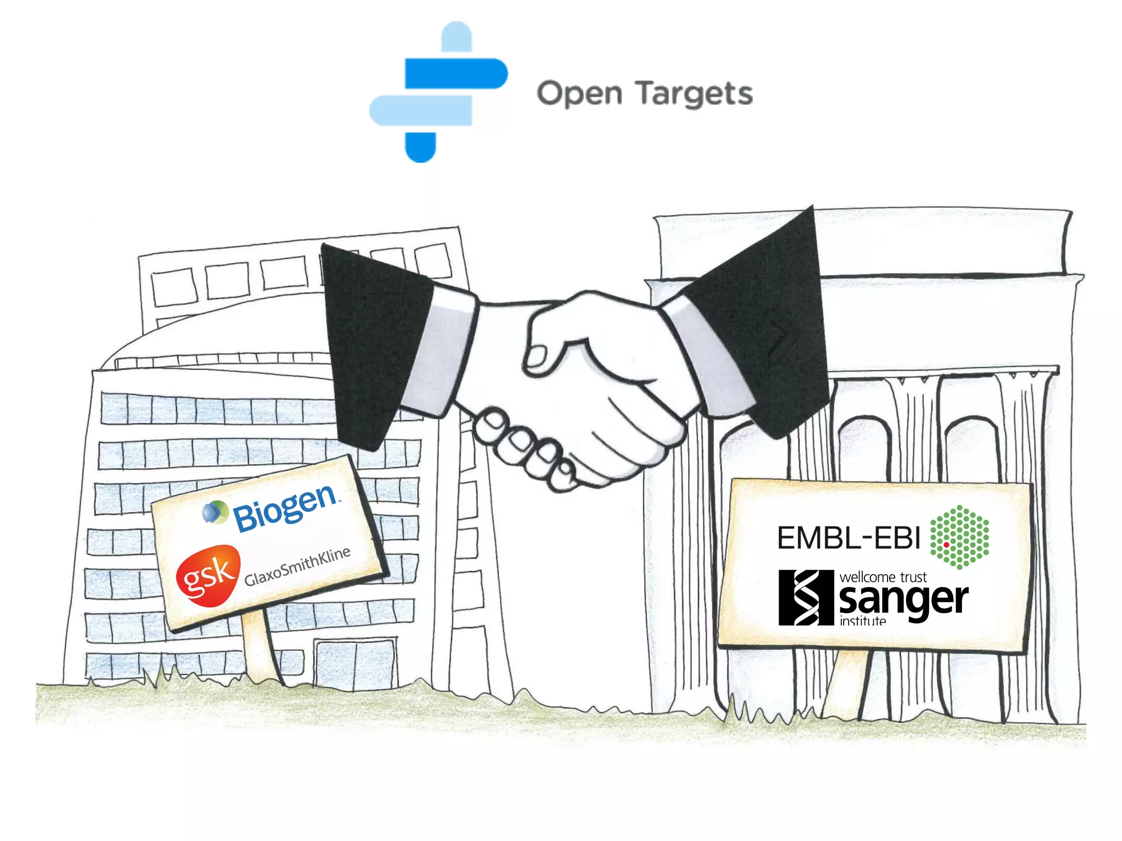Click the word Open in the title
pos(579,94)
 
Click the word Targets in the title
pos(694,94)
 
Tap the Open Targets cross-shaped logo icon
pos(438,91)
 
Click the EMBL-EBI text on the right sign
pos(849,538)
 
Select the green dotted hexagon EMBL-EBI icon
pos(959,537)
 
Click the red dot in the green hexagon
pos(946,545)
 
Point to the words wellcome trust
pos(883,577)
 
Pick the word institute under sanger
pos(862,621)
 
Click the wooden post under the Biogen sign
pos(262,649)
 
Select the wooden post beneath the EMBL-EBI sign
pos(846,684)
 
